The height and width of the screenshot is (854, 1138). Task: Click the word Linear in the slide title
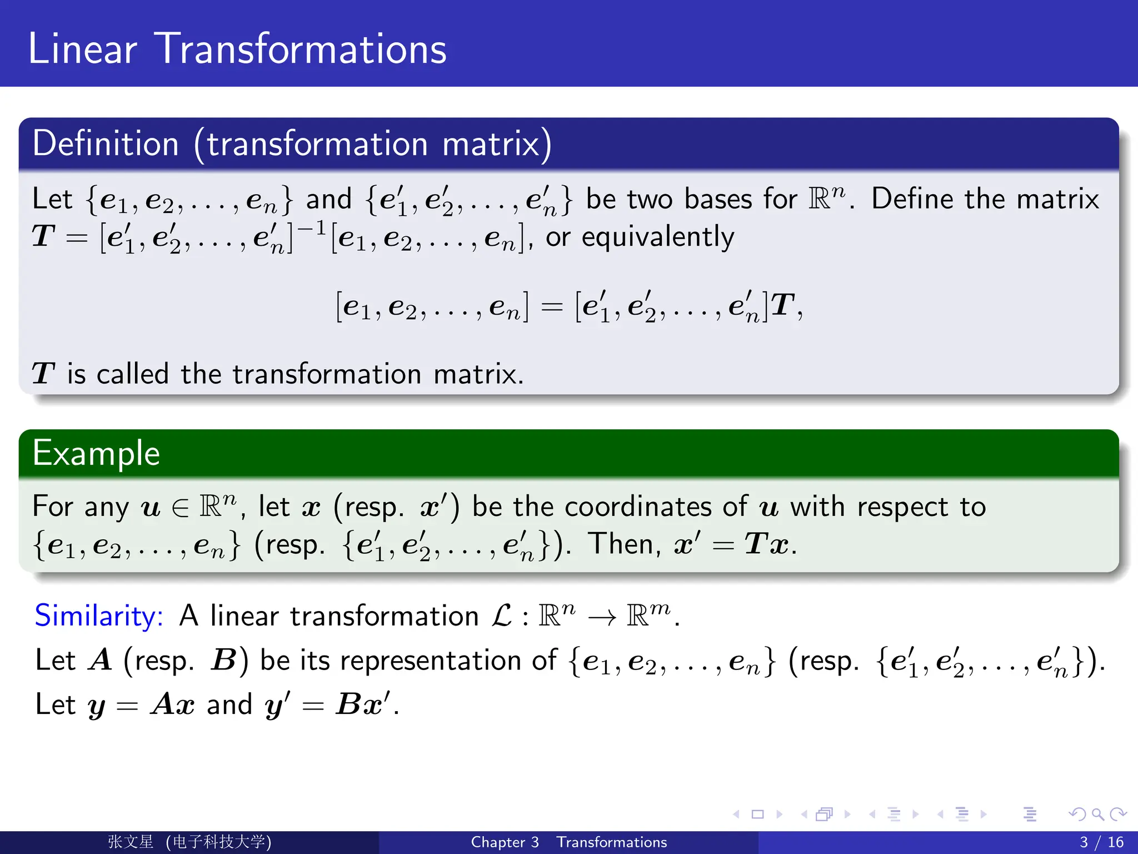coord(82,49)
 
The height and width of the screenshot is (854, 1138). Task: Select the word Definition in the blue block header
coord(106,143)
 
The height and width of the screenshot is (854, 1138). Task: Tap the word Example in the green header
coord(96,453)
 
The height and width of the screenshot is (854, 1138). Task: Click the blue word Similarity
coord(99,616)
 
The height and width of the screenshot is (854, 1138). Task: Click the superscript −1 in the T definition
coord(312,229)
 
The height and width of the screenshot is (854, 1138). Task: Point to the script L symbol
coord(502,615)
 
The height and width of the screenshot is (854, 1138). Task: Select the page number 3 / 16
coord(1101,842)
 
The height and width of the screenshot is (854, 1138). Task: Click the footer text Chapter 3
coord(505,842)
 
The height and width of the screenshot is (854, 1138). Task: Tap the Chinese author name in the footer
coord(131,842)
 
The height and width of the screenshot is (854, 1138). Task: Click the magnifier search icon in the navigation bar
coord(1097,815)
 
